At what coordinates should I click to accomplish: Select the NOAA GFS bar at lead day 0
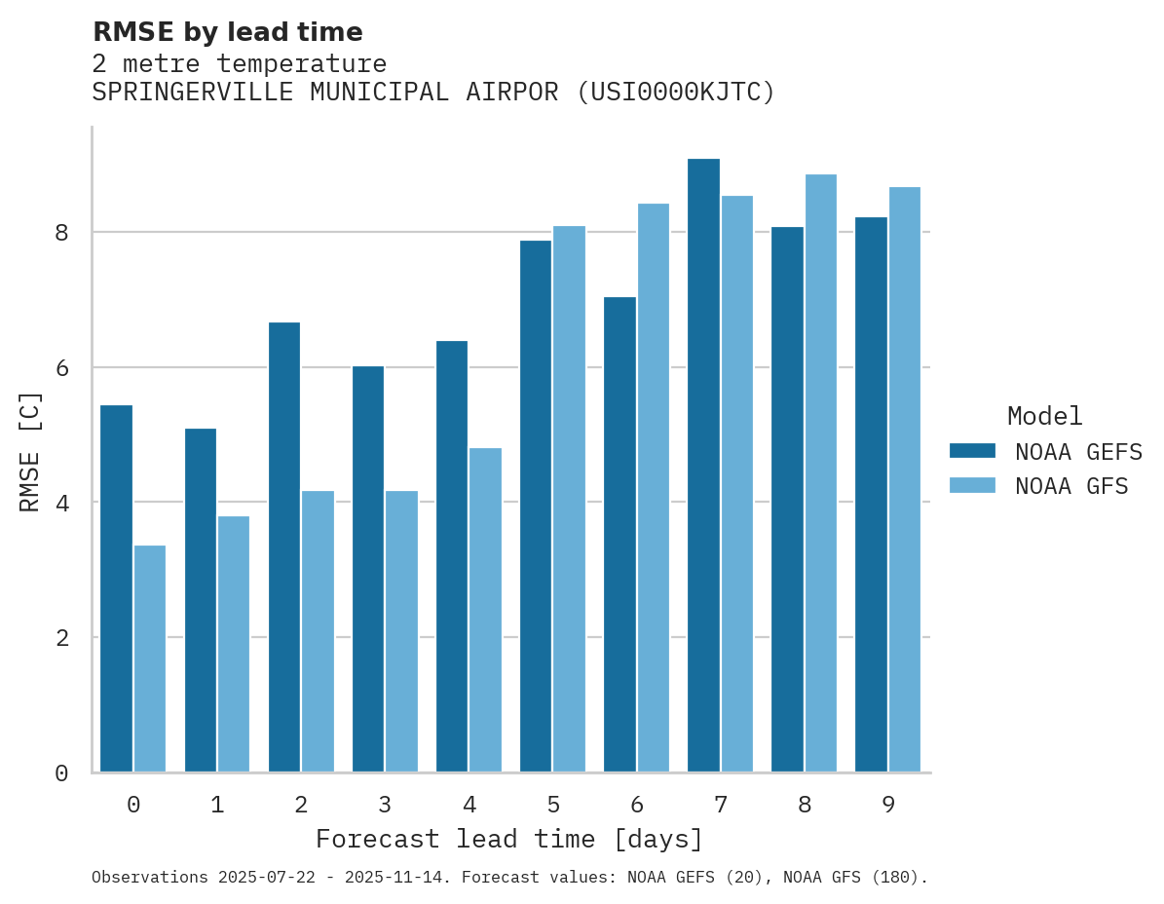[x=150, y=659]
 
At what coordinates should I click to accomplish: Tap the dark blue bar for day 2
[x=284, y=547]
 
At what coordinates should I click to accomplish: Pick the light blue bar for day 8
[x=821, y=473]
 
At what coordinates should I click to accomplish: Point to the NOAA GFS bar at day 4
[x=485, y=610]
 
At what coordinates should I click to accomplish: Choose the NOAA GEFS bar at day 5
[x=536, y=507]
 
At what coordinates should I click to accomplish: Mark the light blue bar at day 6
[x=653, y=487]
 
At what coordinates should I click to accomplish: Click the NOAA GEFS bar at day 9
[x=871, y=495]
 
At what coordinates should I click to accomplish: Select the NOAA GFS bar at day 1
[x=234, y=644]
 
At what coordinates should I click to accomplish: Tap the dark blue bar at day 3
[x=368, y=569]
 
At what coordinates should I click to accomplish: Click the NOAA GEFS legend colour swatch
[x=972, y=451]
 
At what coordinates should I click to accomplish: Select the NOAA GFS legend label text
[x=1071, y=486]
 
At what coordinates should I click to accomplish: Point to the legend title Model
[x=1044, y=417]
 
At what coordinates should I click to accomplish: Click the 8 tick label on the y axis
[x=61, y=233]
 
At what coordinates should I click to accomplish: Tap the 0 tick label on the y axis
[x=61, y=773]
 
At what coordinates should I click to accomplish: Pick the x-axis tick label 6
[x=637, y=805]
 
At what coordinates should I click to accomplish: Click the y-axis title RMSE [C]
[x=31, y=451]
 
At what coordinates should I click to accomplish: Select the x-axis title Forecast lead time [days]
[x=508, y=840]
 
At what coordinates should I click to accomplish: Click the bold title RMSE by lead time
[x=227, y=32]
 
